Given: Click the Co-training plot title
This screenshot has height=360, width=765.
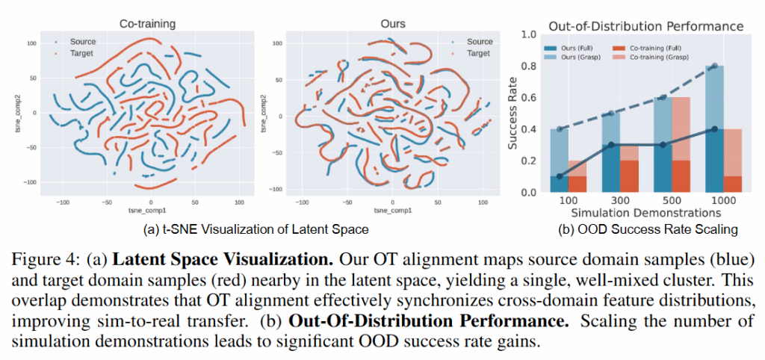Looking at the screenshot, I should tap(141, 25).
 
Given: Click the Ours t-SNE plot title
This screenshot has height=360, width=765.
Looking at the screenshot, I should tap(389, 25).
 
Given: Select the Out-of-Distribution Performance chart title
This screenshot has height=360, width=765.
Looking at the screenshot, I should tap(645, 26).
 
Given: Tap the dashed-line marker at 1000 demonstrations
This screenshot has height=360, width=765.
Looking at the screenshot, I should tap(715, 66).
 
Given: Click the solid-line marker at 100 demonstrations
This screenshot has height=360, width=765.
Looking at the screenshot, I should tap(560, 176).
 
